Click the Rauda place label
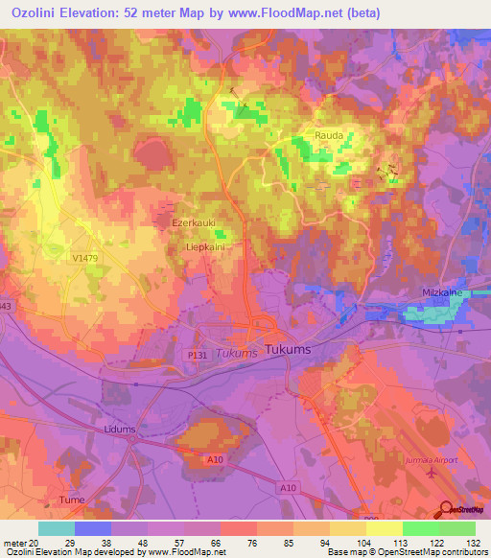[x=329, y=136]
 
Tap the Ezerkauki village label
[x=192, y=223]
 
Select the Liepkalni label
[x=203, y=246]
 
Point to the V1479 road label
[x=85, y=258]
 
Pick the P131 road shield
[x=198, y=355]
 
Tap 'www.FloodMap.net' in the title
[x=290, y=13]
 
